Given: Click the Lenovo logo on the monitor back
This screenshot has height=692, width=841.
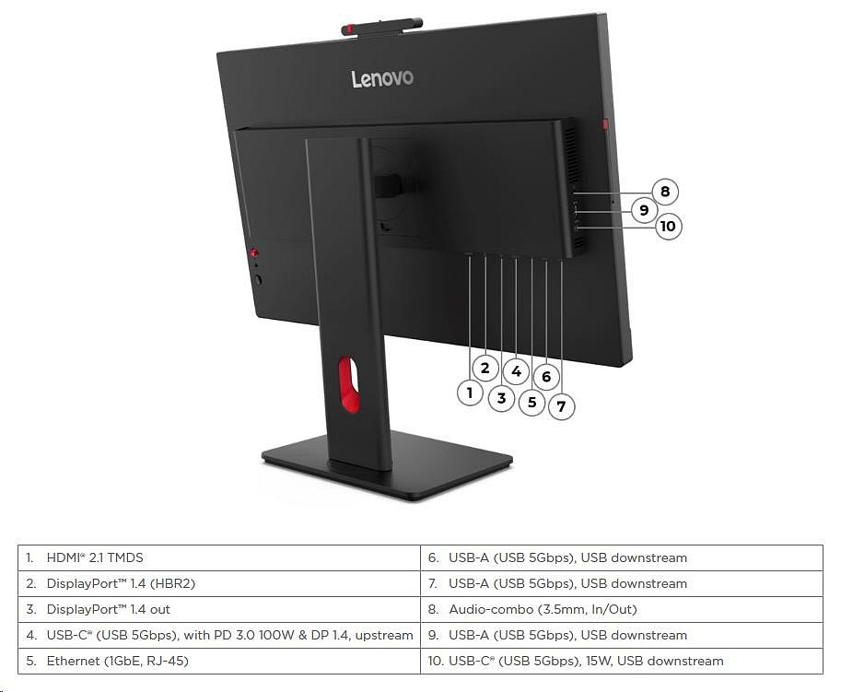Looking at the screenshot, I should click(382, 78).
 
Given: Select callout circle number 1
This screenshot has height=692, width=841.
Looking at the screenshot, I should click(470, 393).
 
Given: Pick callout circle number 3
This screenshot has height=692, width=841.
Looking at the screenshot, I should click(501, 399).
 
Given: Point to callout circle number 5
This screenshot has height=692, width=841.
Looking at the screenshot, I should click(531, 402).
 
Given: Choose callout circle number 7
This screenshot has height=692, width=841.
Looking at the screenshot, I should click(561, 405).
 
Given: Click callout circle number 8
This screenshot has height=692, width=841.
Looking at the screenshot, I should click(665, 192).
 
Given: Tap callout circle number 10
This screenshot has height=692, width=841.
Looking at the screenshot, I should click(668, 226).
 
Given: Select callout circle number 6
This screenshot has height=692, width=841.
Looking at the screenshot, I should click(546, 376).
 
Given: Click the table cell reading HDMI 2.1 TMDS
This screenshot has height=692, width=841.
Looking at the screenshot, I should click(219, 557).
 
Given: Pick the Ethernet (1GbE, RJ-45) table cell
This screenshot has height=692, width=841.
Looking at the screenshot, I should click(219, 661).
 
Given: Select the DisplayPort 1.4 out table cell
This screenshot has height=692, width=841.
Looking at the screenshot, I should click(219, 609).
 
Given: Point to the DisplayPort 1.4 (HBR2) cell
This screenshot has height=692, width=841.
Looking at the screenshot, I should click(219, 583).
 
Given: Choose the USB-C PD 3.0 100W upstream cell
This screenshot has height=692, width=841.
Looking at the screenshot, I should click(219, 635).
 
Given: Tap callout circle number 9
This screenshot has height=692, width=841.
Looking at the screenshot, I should click(644, 210).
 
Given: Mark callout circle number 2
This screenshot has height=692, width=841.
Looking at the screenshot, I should click(485, 368).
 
